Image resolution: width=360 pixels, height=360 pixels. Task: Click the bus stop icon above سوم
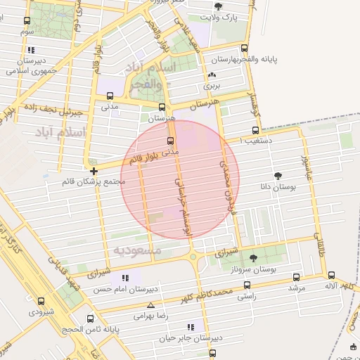coord(27,22)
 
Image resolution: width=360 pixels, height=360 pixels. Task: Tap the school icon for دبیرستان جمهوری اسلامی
coord(31,51)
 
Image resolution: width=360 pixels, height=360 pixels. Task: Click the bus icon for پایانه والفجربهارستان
coord(244,49)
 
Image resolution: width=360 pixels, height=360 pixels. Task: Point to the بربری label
coord(212,86)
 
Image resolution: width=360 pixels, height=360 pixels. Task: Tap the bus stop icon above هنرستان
coord(162,108)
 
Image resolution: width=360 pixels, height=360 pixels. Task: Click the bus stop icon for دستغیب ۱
coord(255,130)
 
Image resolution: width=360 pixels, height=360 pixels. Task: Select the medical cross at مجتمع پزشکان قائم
coord(94,170)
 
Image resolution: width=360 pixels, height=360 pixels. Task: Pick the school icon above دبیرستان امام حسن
coord(126,277)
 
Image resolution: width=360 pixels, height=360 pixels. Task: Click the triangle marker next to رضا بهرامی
coord(150,306)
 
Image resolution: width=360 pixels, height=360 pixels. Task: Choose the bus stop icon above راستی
coord(246,285)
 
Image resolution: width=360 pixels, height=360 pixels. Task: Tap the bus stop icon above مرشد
coord(295,277)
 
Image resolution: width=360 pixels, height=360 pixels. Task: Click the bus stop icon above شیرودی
coord(41,300)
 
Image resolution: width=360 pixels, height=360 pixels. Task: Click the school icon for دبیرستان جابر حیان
coord(191,327)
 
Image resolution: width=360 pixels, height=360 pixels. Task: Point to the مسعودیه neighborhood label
coord(137,250)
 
